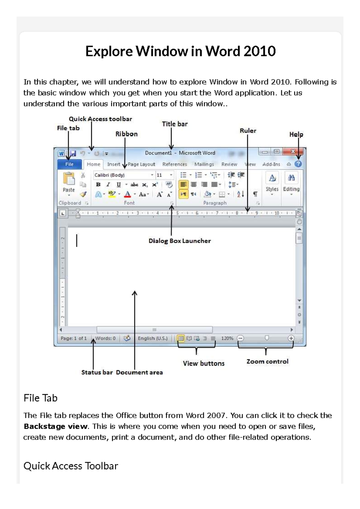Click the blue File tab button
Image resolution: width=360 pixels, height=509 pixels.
70,164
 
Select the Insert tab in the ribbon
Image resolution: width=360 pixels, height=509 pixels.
113,164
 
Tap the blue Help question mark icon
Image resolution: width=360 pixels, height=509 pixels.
298,164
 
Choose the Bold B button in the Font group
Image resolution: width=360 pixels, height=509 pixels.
98,185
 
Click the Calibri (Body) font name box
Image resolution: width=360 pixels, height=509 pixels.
121,175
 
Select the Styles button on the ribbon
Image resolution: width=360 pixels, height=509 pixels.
272,182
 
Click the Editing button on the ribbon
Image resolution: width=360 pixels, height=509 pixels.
291,182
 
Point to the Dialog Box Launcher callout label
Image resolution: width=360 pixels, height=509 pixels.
180,241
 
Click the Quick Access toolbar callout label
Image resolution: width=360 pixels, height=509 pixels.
100,119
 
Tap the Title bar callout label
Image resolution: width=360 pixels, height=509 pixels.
175,124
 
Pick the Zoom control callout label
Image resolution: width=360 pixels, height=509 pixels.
267,362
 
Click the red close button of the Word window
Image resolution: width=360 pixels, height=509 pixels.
293,152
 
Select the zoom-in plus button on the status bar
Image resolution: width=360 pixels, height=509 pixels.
291,338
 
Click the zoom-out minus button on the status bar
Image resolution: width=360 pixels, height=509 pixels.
240,338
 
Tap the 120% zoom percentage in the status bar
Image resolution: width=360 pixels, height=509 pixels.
227,338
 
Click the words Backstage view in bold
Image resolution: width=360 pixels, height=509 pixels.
56,426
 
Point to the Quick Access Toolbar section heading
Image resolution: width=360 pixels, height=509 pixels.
71,466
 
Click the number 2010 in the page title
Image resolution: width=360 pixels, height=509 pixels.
259,51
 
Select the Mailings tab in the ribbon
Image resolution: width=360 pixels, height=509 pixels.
204,164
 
